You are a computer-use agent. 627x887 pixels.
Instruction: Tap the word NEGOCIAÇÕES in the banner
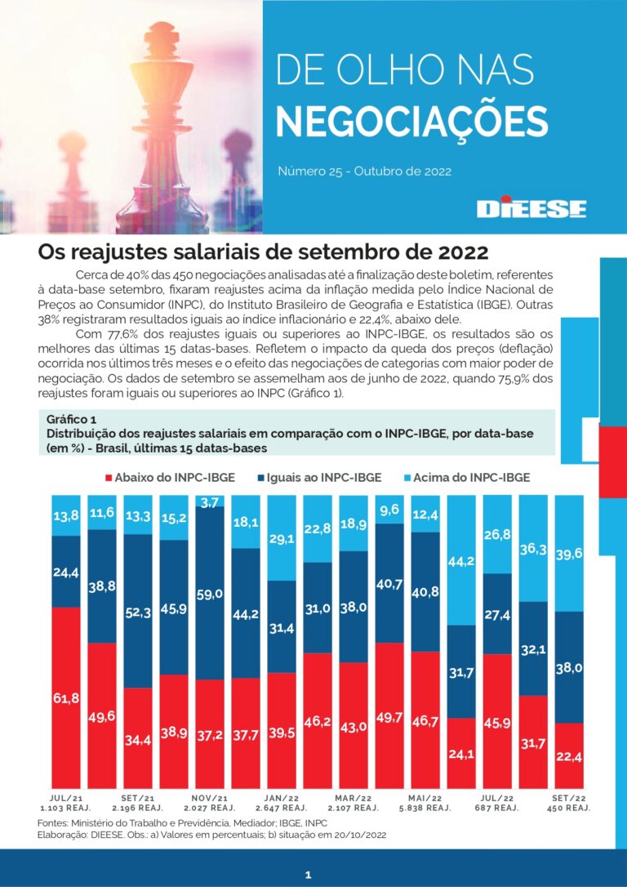411,120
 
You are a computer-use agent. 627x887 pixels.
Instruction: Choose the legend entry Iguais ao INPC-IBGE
321,477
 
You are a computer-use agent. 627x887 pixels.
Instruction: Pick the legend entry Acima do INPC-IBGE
465,477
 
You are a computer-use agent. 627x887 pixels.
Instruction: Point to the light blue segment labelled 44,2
461,560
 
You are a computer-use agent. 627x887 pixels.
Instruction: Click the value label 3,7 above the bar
210,501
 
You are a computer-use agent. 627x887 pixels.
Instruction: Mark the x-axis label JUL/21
66,797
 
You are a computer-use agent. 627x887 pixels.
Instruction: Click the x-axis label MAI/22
425,797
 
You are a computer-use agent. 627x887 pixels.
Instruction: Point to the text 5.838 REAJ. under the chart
425,808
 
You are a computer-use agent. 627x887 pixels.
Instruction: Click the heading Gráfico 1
71,420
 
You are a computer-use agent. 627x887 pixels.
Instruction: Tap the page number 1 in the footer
308,875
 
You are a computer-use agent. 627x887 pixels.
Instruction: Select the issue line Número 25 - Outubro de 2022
364,172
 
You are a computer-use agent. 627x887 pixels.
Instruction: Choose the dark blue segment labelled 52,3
138,611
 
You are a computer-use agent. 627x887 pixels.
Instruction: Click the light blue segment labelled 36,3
533,549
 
